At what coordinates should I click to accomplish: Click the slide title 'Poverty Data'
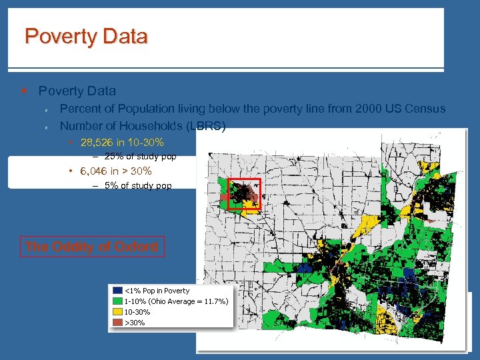click(x=86, y=36)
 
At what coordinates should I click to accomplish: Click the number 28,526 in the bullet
click(x=97, y=142)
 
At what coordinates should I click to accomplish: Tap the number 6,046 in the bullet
click(x=94, y=171)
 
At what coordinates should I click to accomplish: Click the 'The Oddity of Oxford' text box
click(x=92, y=247)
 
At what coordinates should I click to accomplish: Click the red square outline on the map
click(x=244, y=194)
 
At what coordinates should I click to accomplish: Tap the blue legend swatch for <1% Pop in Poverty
click(x=118, y=291)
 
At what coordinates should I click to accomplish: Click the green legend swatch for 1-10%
click(x=118, y=301)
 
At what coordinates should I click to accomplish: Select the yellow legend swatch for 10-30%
click(x=118, y=312)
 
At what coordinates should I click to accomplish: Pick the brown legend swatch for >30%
click(x=118, y=323)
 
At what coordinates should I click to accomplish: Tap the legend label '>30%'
click(x=135, y=323)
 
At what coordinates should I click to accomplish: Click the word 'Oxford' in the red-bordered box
click(x=136, y=247)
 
